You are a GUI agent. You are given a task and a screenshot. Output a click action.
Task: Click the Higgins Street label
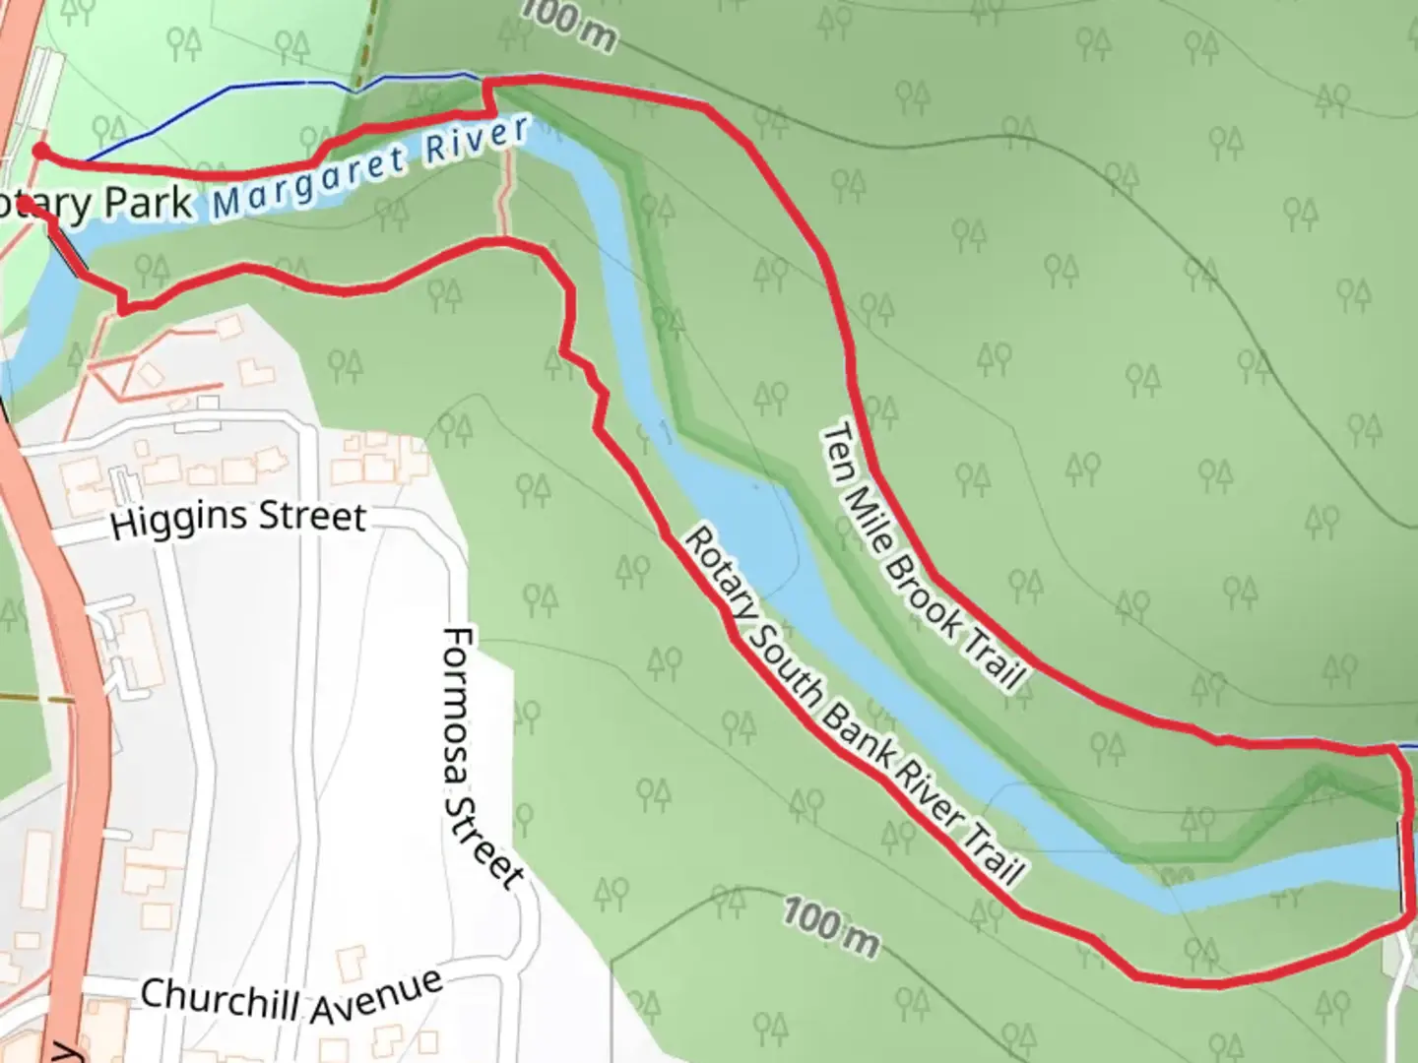[238, 517]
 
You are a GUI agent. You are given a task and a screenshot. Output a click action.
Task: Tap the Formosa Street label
[480, 758]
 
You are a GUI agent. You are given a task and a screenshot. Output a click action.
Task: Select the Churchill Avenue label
[291, 996]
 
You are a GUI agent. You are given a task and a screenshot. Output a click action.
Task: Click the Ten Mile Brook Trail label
[923, 556]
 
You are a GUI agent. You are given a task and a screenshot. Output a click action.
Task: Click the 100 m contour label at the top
[569, 24]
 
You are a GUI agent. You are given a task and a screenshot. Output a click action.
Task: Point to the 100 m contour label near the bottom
[831, 925]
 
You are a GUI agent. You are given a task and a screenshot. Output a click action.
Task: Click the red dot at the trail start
[40, 151]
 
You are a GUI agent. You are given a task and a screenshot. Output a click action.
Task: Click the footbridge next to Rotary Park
[67, 251]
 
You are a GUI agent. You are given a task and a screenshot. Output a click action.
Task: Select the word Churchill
[225, 997]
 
